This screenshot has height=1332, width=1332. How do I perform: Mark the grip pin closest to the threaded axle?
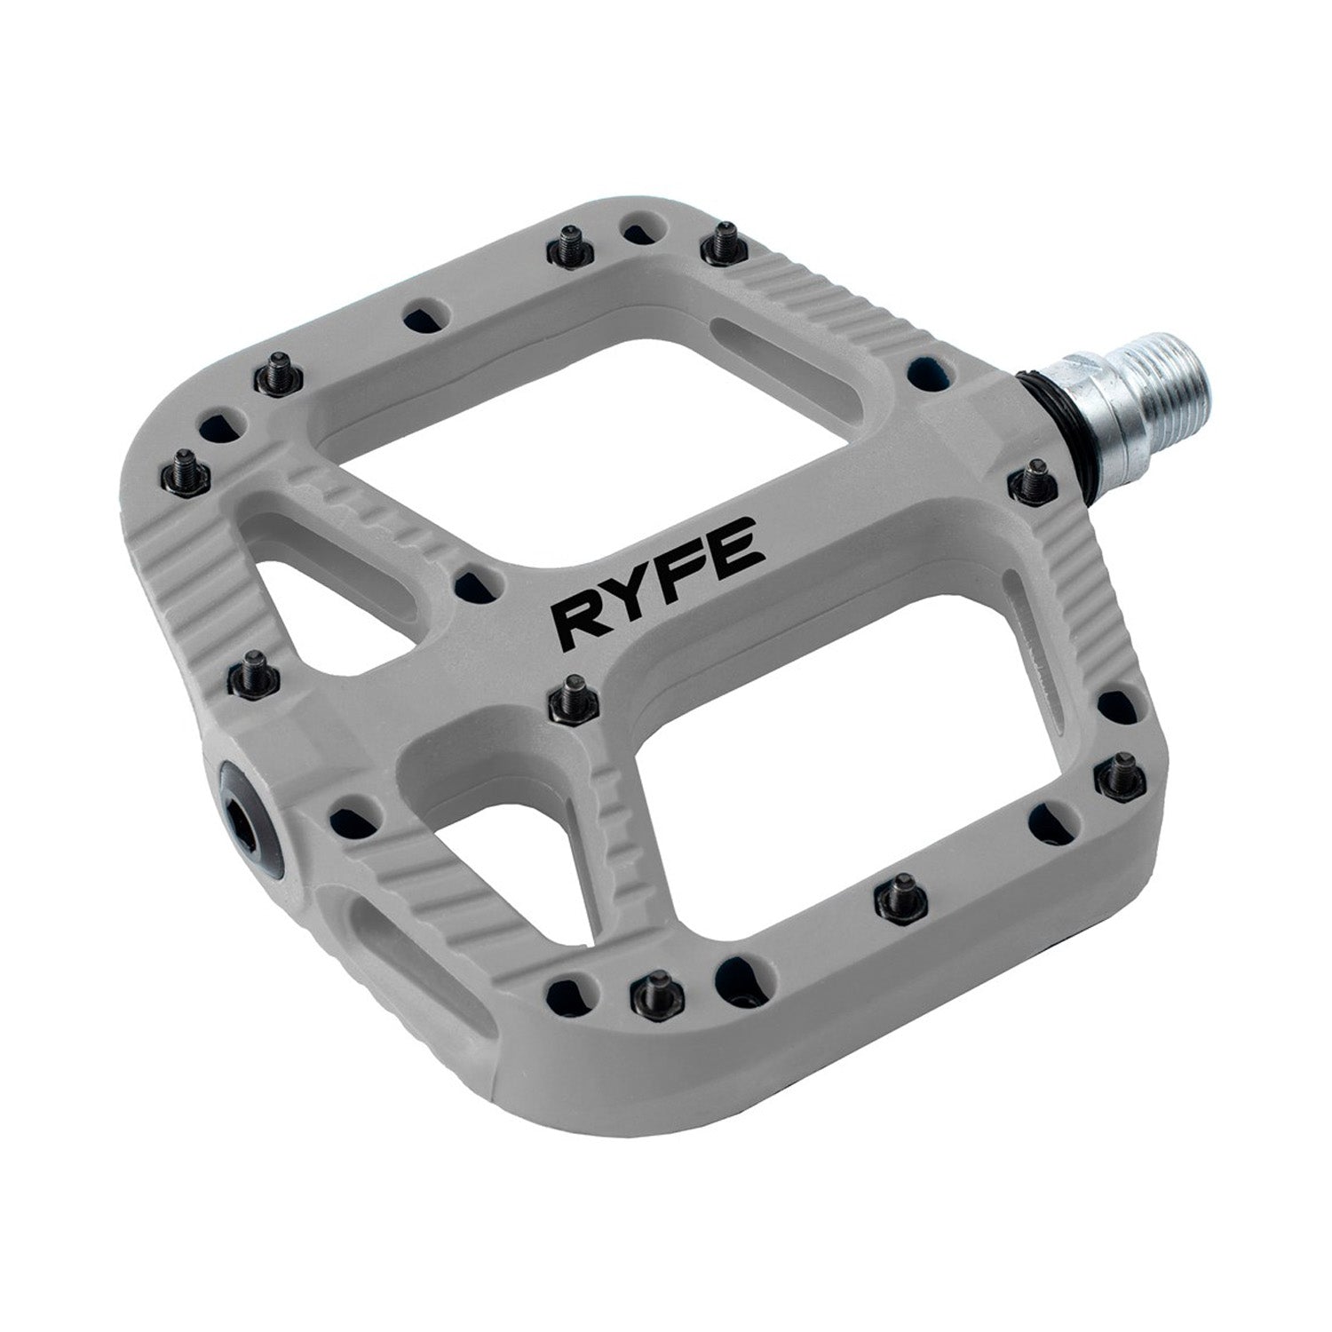point(1030,480)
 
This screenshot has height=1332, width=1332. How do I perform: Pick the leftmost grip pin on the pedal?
point(186,467)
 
